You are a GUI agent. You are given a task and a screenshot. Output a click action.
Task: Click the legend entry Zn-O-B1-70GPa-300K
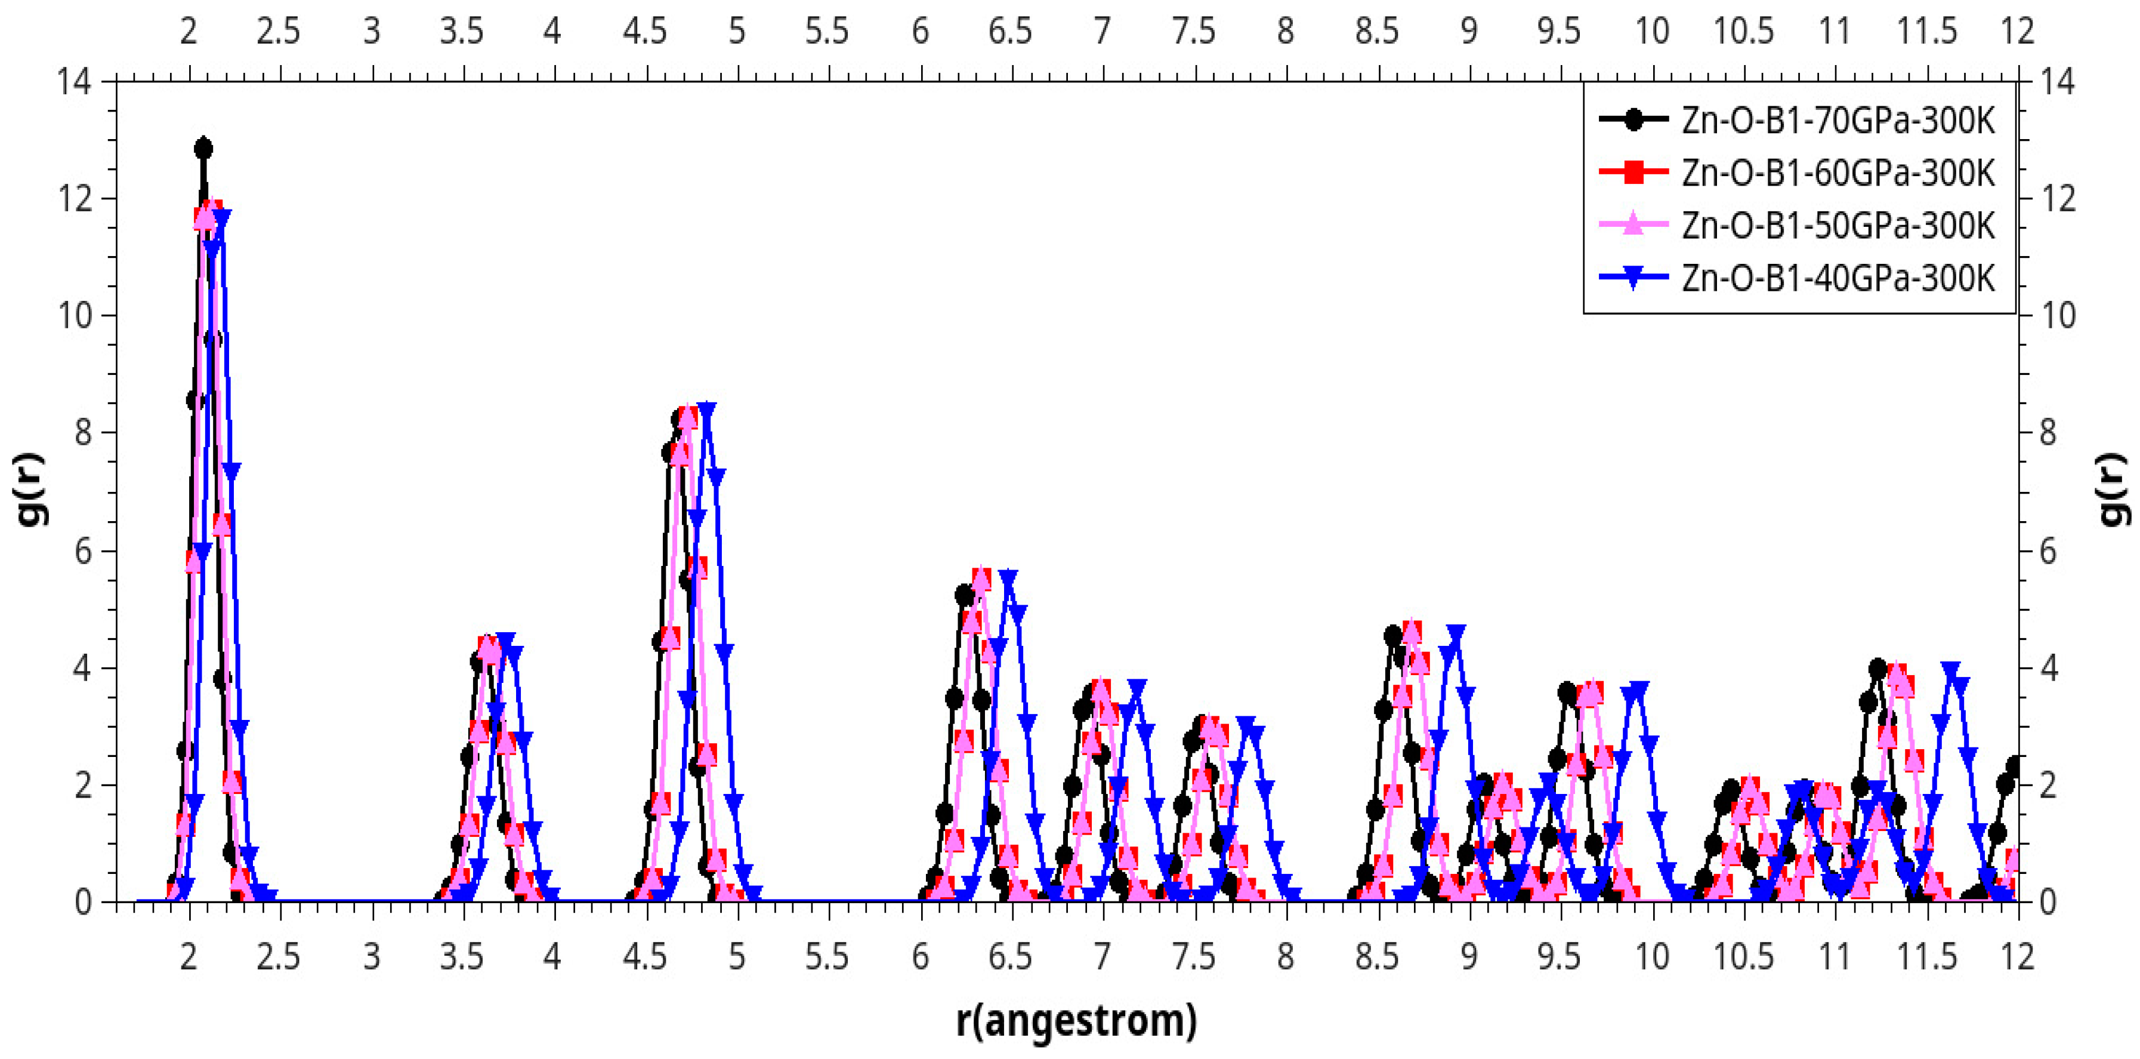(1838, 121)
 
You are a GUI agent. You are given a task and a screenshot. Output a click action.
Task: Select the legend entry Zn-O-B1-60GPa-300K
(1838, 173)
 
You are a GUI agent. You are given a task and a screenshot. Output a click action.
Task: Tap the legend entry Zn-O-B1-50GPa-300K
(1838, 225)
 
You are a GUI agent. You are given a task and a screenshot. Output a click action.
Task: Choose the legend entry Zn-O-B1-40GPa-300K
(1838, 278)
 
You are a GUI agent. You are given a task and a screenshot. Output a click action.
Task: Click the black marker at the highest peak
(203, 149)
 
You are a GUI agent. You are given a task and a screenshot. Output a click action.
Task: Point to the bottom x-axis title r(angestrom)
(1076, 1021)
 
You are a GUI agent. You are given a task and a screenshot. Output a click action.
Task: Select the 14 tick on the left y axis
(74, 81)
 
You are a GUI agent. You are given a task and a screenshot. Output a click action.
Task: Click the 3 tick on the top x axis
(371, 32)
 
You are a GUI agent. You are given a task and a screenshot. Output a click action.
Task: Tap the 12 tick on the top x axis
(2017, 32)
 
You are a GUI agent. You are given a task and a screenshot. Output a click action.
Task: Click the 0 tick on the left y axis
(83, 903)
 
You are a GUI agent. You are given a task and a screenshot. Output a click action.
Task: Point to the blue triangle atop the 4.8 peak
(707, 410)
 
